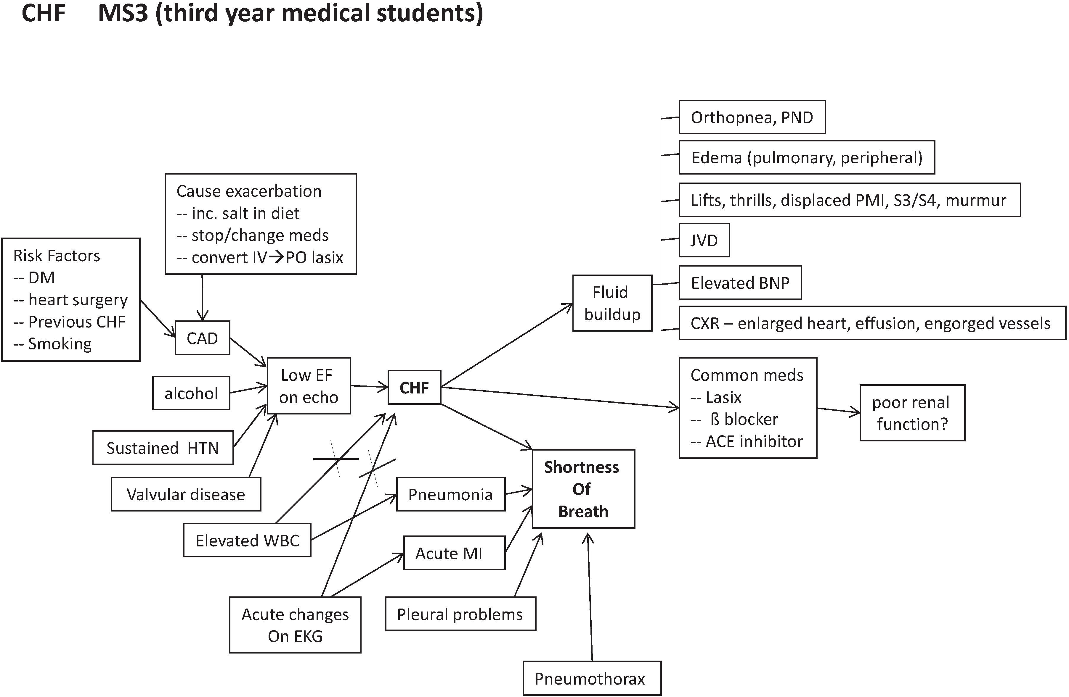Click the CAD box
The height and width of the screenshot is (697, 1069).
tap(202, 338)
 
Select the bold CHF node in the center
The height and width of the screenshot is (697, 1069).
tap(414, 387)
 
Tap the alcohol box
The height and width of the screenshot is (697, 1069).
tap(191, 393)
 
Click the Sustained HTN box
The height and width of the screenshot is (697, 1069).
tap(163, 448)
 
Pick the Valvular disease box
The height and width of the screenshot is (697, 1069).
tap(185, 494)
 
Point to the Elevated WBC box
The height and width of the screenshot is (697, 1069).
tap(247, 541)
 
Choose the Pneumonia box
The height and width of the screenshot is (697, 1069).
tap(450, 494)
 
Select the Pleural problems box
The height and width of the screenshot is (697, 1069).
tap(460, 614)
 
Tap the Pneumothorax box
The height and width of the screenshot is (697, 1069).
tap(592, 679)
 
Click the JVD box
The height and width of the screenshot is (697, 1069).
tap(704, 240)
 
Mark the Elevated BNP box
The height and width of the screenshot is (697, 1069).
tap(740, 283)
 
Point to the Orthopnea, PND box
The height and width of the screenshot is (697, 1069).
tap(752, 117)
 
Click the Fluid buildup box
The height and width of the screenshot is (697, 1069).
tap(612, 303)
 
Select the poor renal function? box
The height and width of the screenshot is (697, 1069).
tap(912, 413)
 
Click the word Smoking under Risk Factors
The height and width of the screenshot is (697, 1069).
tap(60, 344)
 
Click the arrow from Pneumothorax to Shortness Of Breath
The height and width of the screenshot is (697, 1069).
tap(590, 597)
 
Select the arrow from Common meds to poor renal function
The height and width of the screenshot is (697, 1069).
tap(838, 411)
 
